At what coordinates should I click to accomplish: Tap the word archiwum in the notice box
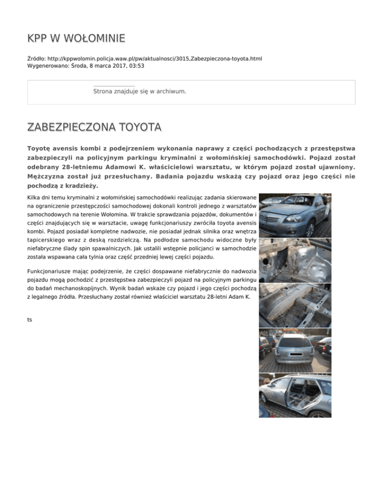click(x=172, y=92)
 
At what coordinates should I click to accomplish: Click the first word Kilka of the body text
click(x=34, y=198)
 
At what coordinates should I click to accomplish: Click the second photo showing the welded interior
click(x=295, y=260)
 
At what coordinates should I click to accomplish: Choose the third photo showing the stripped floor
click(x=295, y=306)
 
